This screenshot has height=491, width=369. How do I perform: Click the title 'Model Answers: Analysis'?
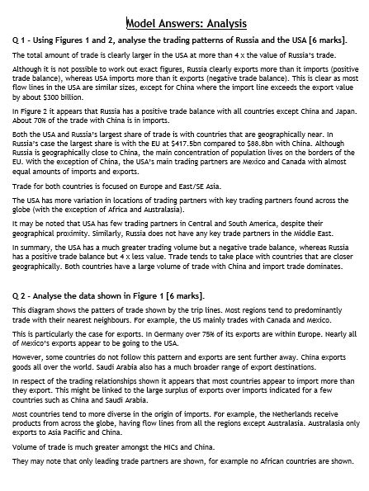pyautogui.click(x=186, y=22)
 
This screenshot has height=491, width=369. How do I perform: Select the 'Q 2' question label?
pyautogui.click(x=22, y=295)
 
